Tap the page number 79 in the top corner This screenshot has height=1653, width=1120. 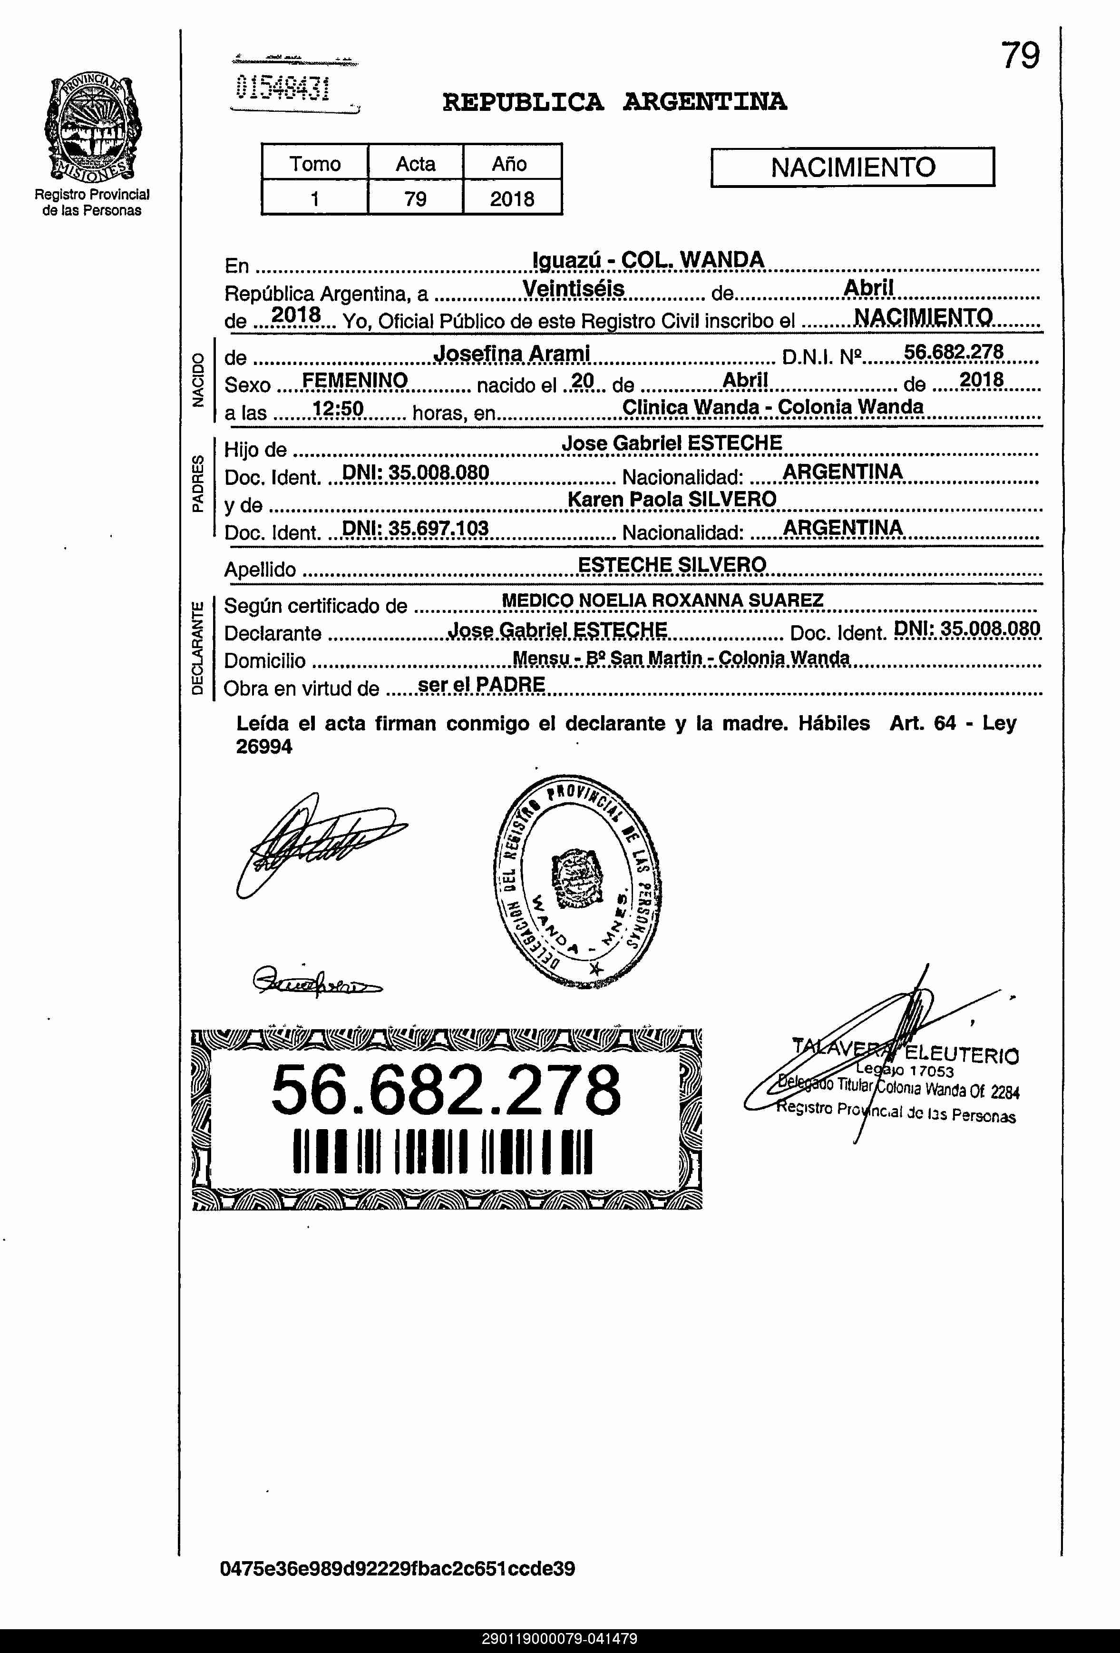1020,56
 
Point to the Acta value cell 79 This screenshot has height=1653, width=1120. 415,198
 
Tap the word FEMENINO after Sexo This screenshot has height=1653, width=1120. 355,381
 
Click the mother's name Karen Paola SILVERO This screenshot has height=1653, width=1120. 672,499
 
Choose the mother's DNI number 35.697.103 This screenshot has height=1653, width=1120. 415,528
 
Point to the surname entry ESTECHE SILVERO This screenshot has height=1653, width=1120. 672,565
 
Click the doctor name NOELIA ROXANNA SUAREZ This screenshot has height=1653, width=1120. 701,600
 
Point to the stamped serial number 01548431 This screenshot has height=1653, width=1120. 283,88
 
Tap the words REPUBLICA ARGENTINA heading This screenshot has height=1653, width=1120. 614,102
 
